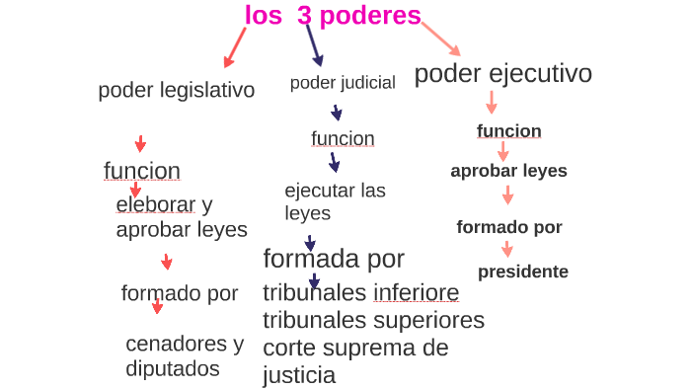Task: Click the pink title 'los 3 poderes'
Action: pos(333,16)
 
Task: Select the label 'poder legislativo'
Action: pos(177,90)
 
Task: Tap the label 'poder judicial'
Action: pos(343,83)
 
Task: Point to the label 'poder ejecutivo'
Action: pos(502,74)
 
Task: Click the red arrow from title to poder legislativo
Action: pos(235,44)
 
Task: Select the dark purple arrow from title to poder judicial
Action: pos(313,44)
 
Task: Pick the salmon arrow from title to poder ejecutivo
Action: pos(441,39)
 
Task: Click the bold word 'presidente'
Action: pos(523,272)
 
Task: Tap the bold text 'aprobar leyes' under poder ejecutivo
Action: pos(508,170)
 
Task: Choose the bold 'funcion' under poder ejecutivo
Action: pos(508,131)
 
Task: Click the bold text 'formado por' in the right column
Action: pos(509,227)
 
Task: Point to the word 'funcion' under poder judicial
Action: pos(343,138)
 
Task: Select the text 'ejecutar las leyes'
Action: pos(335,201)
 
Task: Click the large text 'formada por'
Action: pos(334,259)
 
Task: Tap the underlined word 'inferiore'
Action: pos(416,293)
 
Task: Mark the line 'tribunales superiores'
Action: pos(373,320)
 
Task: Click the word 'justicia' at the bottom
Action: pos(299,375)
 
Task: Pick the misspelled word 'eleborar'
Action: pos(156,205)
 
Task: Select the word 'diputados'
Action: pos(173,368)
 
